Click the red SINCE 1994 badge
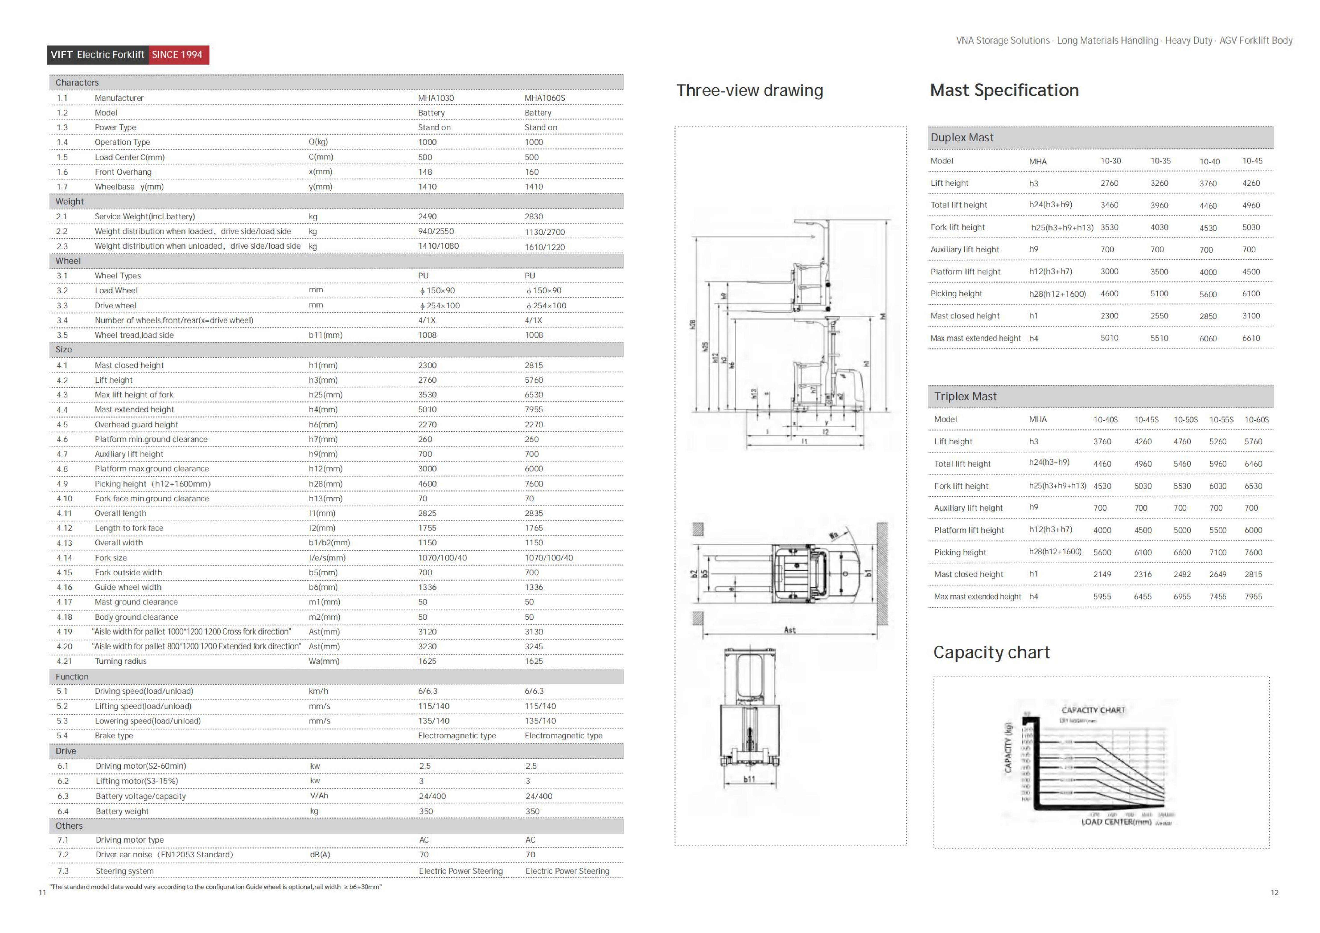point(178,55)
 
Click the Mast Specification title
point(1004,90)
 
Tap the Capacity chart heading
point(991,652)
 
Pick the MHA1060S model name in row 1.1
point(544,98)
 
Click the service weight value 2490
point(427,217)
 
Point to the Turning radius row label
point(121,661)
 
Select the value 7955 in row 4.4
point(533,409)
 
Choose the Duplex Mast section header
point(962,137)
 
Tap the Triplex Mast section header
point(965,396)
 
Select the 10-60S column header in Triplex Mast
point(1256,420)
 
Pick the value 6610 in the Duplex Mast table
point(1251,338)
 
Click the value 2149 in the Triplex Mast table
point(1102,574)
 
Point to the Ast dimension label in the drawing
point(790,630)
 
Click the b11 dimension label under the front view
point(749,779)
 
